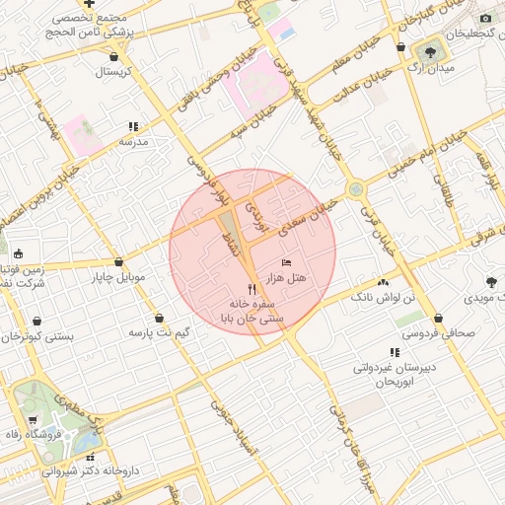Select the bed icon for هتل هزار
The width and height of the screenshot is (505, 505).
pos(286,262)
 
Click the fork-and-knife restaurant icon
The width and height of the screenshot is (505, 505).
pos(252,290)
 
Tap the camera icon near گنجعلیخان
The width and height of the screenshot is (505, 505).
pos(485,18)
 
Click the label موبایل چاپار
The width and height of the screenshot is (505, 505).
pos(119,277)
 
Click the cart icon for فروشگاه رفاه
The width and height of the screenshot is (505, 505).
pos(33,420)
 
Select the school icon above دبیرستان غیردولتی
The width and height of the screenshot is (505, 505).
pos(396,352)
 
